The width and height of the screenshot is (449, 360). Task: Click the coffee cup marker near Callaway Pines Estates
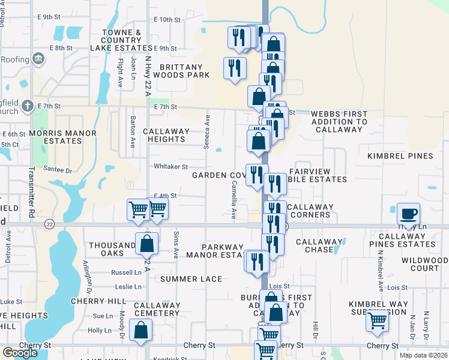[x=408, y=214]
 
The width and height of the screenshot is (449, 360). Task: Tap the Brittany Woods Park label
[x=181, y=71]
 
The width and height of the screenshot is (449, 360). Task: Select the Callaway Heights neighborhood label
[x=166, y=135]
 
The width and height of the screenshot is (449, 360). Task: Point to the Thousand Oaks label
[x=112, y=249]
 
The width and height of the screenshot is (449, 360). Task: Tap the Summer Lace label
[x=191, y=279]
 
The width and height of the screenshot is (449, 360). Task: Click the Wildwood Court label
[x=421, y=264]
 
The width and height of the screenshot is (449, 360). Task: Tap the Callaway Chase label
[x=319, y=245]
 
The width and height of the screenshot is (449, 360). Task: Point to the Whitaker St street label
[x=171, y=167]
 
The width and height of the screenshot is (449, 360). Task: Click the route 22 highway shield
[x=49, y=224]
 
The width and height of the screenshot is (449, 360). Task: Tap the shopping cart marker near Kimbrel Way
[x=377, y=321]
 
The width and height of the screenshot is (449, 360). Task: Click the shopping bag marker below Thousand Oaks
[x=146, y=244]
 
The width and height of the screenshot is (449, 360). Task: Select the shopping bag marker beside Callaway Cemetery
[x=140, y=330]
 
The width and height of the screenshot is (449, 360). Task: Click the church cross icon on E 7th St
[x=27, y=106]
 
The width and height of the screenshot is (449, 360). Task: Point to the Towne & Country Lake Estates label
[x=121, y=40]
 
